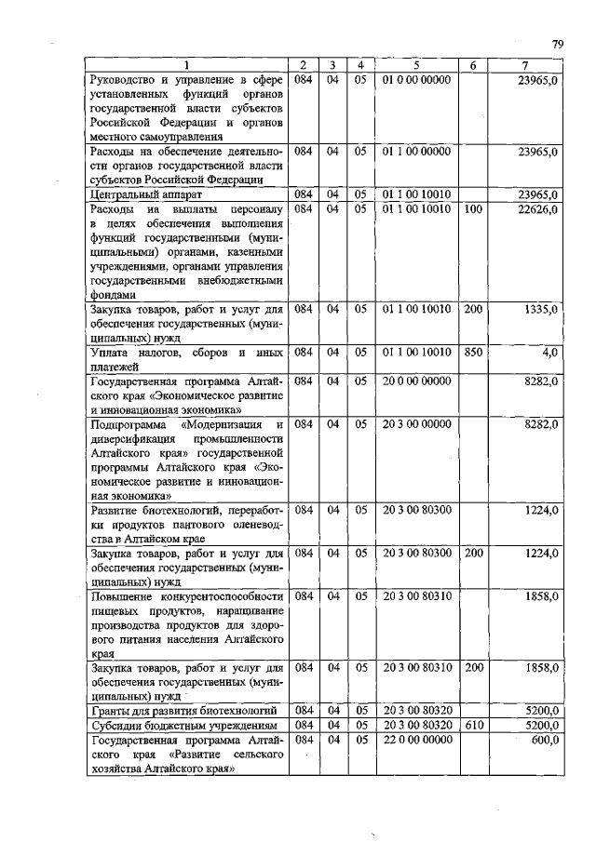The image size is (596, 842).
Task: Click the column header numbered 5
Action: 415,64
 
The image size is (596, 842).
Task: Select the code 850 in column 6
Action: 472,353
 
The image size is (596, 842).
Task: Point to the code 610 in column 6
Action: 472,725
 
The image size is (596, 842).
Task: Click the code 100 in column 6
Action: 472,209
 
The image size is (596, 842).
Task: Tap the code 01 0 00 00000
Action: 415,80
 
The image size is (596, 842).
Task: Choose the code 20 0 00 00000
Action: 415,381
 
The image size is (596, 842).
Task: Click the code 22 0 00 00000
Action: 415,740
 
